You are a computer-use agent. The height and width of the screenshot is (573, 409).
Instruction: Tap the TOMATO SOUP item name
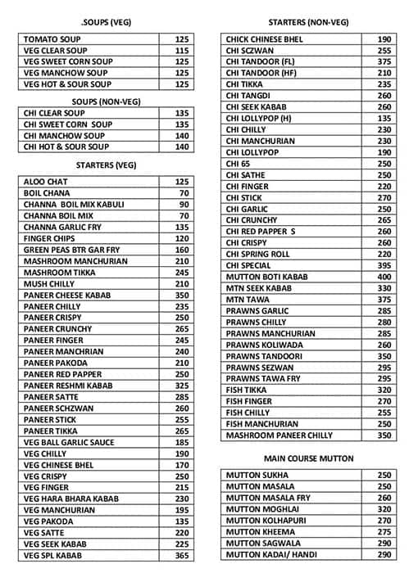click(x=53, y=39)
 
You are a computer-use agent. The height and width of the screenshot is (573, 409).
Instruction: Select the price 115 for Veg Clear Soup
click(x=181, y=51)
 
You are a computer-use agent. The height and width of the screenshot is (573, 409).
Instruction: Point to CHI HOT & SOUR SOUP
click(x=66, y=147)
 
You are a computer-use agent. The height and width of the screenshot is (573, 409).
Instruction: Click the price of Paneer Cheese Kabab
click(x=181, y=295)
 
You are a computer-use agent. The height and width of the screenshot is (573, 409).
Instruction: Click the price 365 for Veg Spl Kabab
click(x=181, y=556)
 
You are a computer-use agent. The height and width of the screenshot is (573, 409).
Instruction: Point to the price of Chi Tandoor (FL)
click(x=384, y=61)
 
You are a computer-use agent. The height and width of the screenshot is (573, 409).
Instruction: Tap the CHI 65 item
click(x=239, y=164)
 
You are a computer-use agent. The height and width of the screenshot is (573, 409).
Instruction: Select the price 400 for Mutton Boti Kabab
click(x=384, y=277)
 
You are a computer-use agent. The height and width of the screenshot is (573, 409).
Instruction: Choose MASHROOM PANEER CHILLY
click(x=279, y=435)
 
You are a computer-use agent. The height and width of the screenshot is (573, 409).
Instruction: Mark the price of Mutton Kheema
click(x=384, y=531)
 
